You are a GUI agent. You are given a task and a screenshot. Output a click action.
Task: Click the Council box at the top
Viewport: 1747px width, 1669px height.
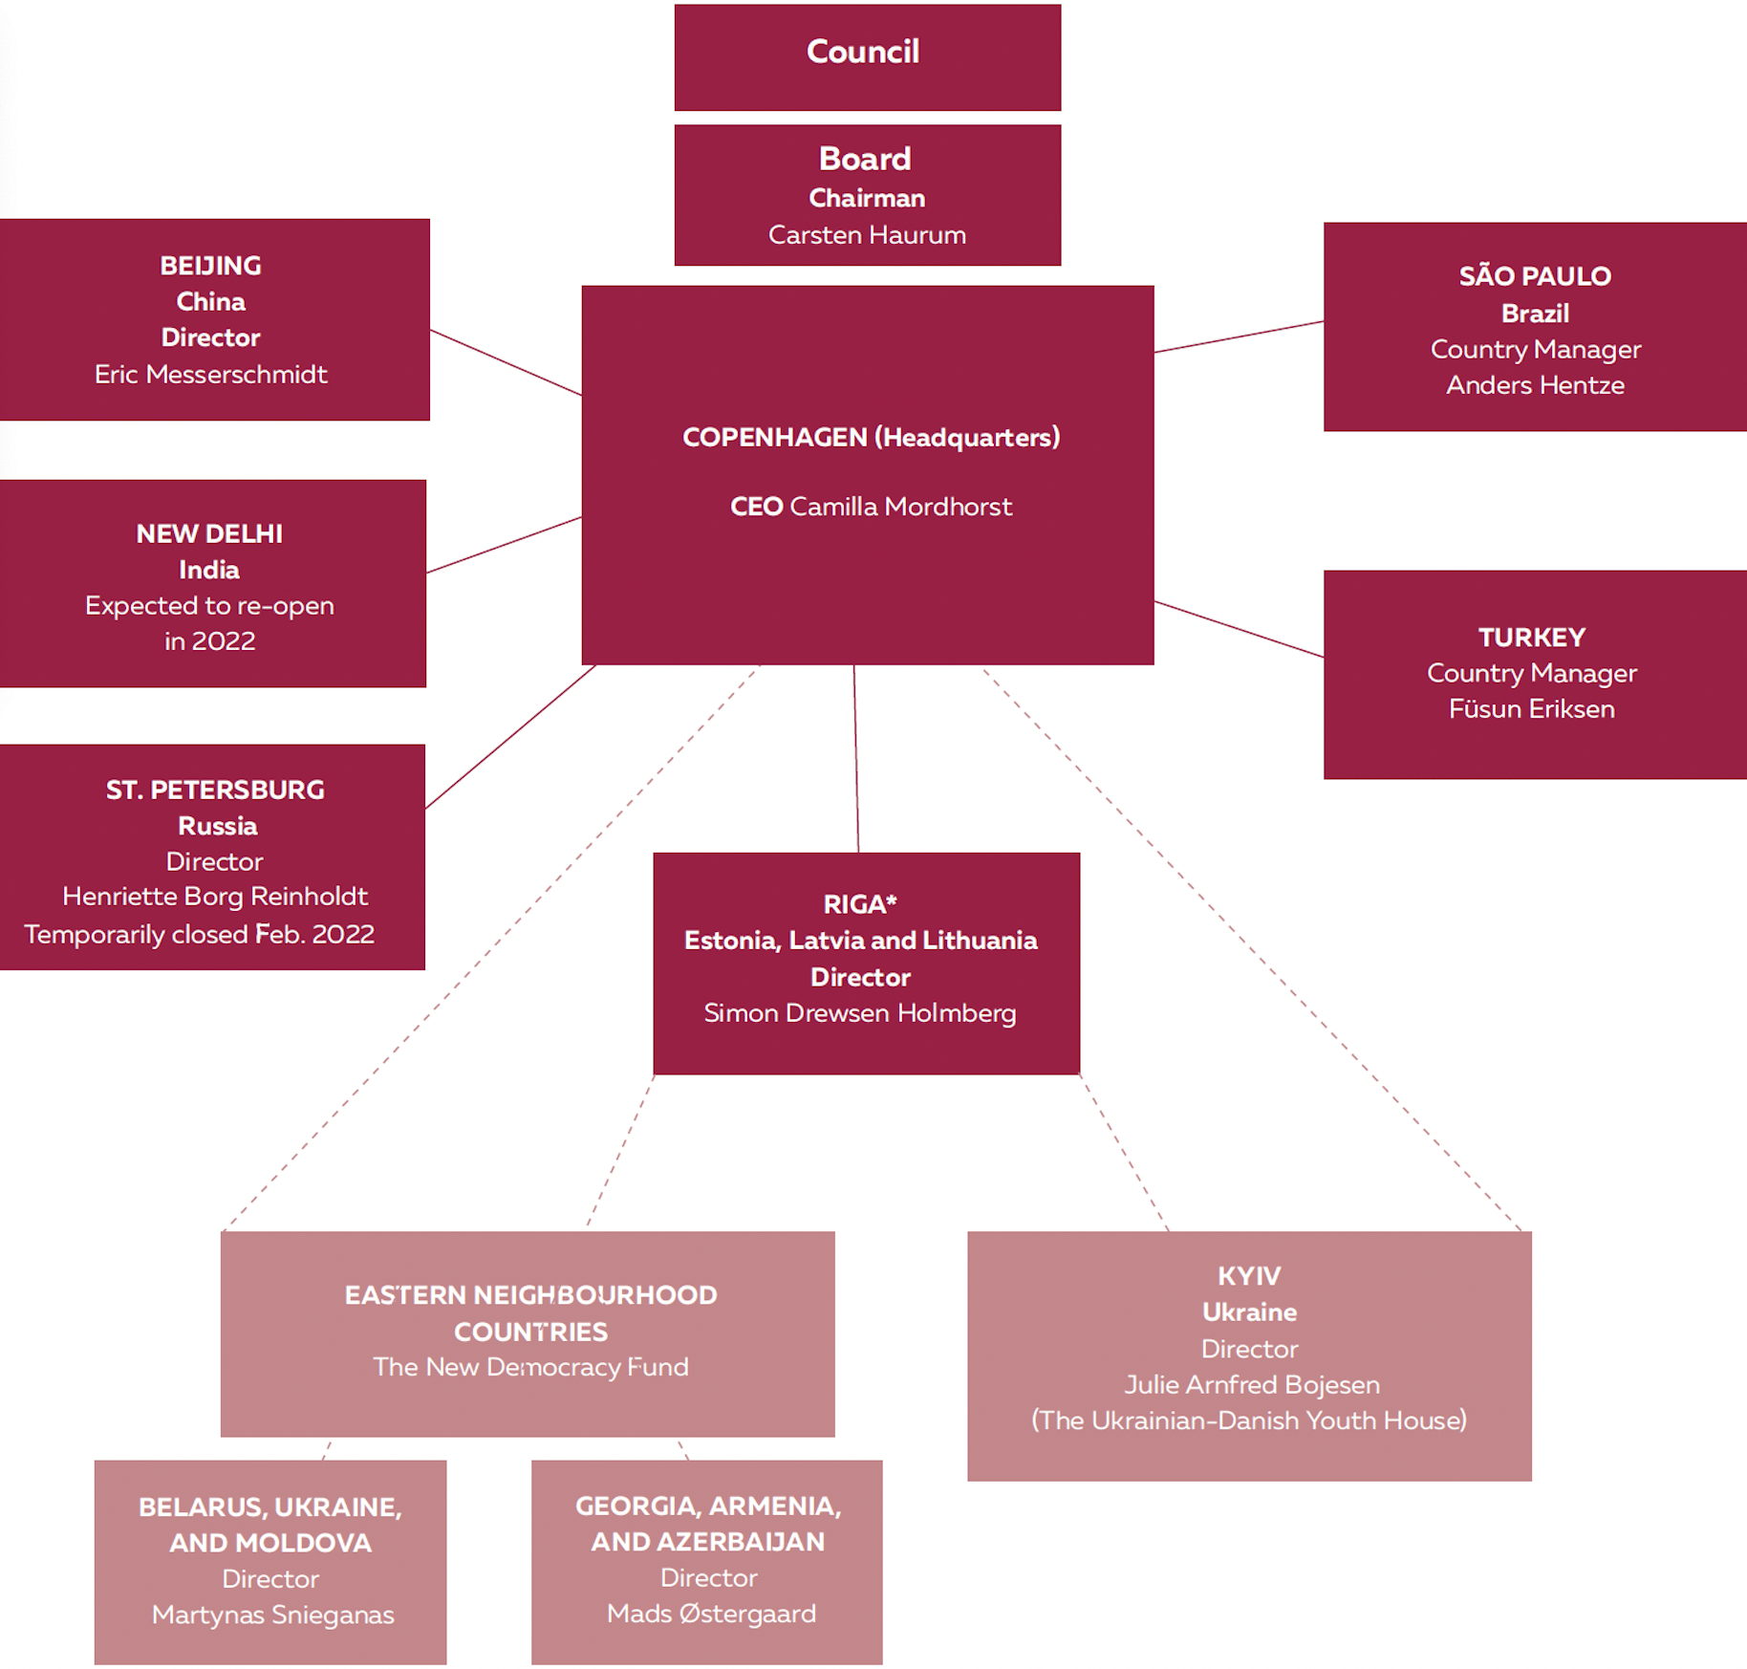tap(867, 57)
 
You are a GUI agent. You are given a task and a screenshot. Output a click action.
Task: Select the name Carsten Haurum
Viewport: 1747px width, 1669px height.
tap(867, 235)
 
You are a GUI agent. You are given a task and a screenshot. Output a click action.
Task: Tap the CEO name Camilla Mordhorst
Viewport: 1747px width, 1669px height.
tap(900, 507)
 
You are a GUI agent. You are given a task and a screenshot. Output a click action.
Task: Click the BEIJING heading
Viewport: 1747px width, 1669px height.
tap(210, 266)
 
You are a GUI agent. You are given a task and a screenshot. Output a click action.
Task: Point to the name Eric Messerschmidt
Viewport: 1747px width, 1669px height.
tap(210, 374)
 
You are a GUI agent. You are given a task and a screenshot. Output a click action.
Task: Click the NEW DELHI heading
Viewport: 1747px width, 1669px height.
tap(209, 533)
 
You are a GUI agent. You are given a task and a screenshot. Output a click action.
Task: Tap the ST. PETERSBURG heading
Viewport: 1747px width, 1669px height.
tap(215, 790)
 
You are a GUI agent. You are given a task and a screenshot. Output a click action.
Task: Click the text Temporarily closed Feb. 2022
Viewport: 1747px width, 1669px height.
tap(199, 934)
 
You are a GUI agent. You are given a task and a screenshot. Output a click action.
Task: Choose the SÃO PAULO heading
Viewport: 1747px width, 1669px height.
tap(1535, 275)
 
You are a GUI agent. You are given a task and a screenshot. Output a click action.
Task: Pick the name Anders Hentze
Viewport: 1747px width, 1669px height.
tap(1535, 385)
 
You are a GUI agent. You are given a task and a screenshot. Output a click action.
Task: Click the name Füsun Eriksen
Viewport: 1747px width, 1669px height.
tap(1531, 708)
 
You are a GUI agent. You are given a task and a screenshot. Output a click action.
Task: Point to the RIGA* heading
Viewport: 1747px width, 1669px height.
tap(860, 903)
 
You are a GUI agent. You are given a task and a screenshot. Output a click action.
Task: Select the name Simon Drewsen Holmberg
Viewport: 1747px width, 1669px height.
tap(860, 1013)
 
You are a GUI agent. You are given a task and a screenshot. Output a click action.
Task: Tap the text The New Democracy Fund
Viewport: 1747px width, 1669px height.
tap(530, 1367)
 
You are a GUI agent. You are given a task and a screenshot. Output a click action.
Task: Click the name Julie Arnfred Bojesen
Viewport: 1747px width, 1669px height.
tap(1252, 1385)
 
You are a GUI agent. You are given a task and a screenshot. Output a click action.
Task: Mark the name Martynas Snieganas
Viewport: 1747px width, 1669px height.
tap(272, 1615)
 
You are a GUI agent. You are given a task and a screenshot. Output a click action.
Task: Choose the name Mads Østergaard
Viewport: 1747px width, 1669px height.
tap(711, 1614)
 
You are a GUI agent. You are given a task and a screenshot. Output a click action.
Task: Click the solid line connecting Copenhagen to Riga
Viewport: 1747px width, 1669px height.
tap(856, 759)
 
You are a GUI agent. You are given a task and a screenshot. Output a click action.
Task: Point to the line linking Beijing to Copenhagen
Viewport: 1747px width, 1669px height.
tap(506, 362)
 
